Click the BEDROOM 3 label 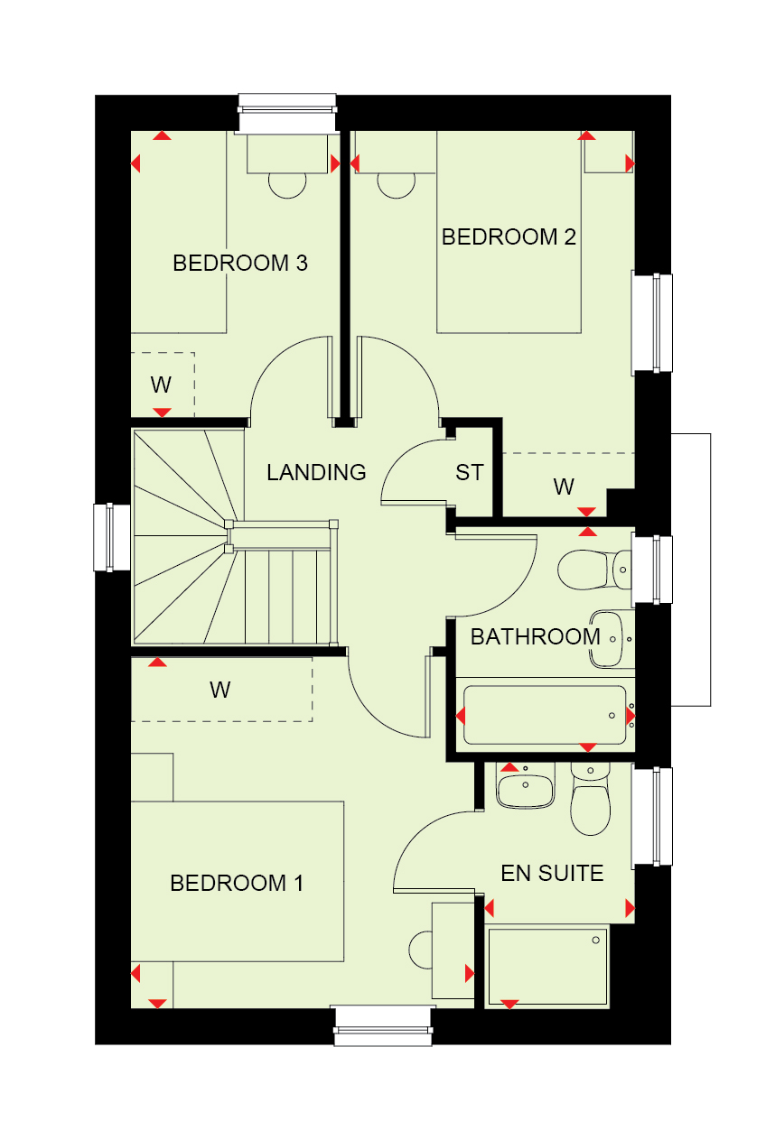240,264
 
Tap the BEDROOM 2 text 509,236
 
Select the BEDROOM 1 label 237,883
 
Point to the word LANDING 316,472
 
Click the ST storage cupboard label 469,473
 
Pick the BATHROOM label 536,636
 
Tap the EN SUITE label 552,874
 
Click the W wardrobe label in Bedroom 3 161,385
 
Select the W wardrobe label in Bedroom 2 564,487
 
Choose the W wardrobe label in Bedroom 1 220,690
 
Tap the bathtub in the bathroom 545,715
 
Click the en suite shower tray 547,967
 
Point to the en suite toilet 590,799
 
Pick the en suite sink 525,785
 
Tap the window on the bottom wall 383,1025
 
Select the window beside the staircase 111,537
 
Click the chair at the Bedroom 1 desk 420,950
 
